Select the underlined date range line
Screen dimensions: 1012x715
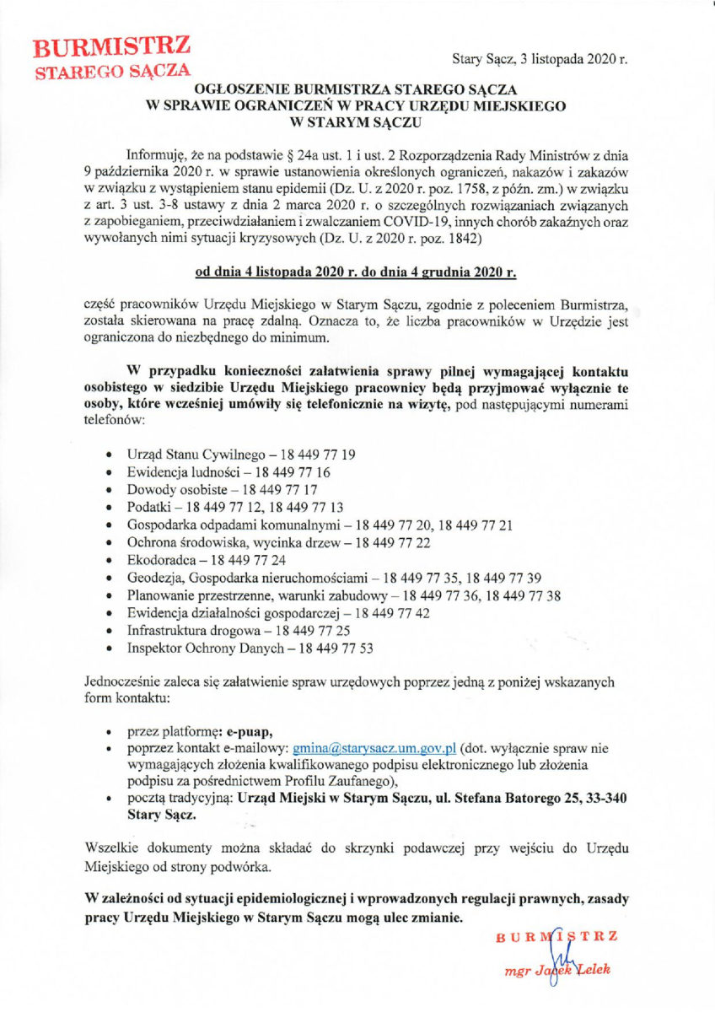(x=356, y=272)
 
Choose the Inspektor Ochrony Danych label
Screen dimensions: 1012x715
(x=200, y=649)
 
